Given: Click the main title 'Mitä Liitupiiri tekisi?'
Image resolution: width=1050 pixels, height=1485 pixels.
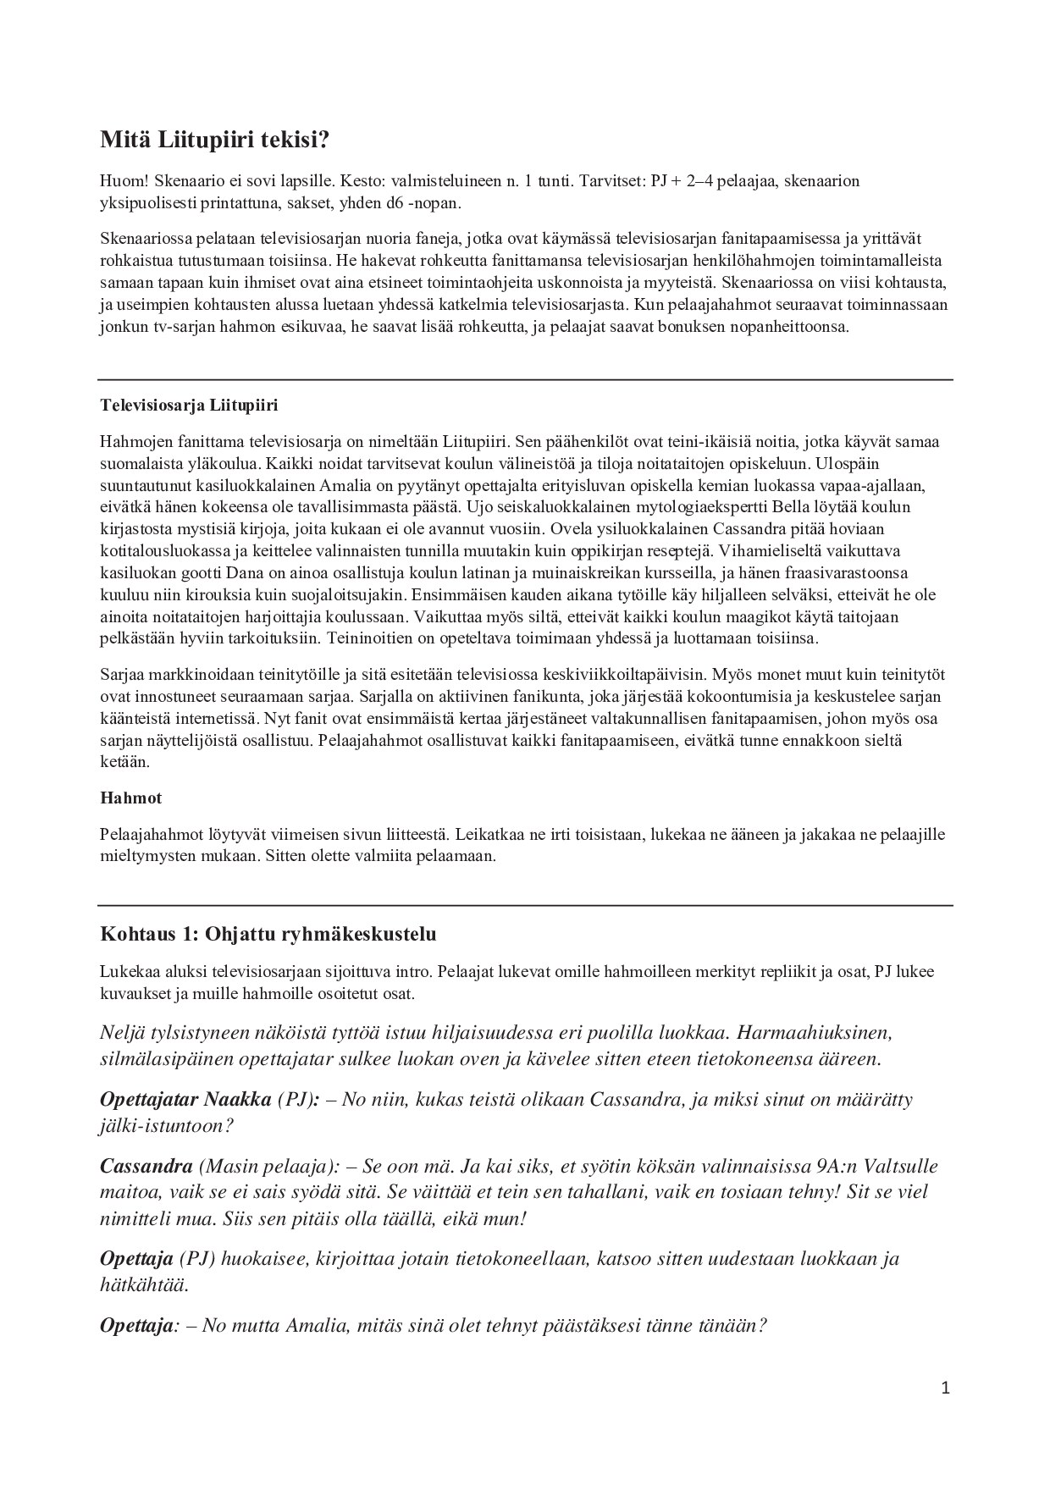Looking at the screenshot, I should (x=213, y=140).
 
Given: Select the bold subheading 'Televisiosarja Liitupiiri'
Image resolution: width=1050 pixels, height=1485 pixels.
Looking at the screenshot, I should (x=189, y=406).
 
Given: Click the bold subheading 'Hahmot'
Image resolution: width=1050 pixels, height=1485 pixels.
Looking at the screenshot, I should (x=130, y=798).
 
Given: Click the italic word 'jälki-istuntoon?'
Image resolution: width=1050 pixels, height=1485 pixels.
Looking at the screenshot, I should (x=167, y=1126).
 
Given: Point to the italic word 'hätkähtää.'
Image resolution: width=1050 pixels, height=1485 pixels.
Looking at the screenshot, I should (x=144, y=1284).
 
